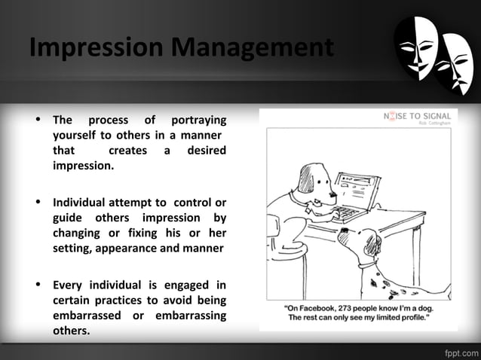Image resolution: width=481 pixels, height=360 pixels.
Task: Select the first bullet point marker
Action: click(36, 120)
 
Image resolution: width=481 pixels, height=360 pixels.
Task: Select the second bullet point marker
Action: click(36, 202)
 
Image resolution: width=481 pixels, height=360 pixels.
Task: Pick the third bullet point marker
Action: click(36, 284)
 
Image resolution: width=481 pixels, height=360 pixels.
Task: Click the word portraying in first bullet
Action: click(198, 120)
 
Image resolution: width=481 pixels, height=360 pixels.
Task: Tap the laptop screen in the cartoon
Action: click(355, 188)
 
